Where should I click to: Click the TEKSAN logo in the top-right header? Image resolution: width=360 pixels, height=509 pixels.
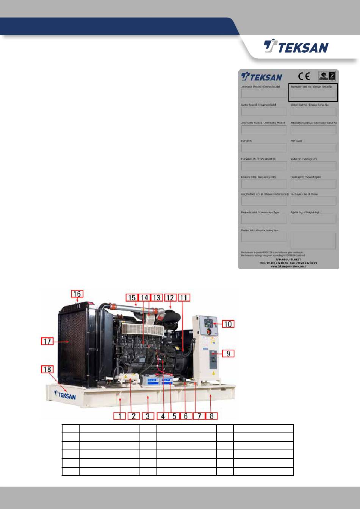(x=296, y=47)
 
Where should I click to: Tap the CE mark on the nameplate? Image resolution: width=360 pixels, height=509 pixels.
(x=304, y=77)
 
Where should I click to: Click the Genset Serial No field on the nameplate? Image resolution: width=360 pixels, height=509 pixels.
(x=313, y=94)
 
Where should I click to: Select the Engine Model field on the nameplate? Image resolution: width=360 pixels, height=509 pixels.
(x=264, y=112)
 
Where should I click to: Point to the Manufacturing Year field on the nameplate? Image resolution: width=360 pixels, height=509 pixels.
(x=264, y=237)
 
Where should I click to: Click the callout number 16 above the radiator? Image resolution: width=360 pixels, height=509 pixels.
(x=77, y=294)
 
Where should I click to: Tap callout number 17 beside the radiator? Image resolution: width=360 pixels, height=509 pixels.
(x=48, y=341)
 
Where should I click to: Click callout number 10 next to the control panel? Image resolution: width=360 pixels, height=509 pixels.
(x=228, y=324)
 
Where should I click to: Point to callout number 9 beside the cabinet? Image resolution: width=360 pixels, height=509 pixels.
(x=228, y=353)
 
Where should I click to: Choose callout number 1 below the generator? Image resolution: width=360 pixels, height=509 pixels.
(x=120, y=415)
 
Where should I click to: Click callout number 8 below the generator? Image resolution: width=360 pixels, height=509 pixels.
(x=211, y=415)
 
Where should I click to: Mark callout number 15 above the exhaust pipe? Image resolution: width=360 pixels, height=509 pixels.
(x=131, y=298)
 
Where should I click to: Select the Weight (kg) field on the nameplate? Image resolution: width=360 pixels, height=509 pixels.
(x=313, y=219)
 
